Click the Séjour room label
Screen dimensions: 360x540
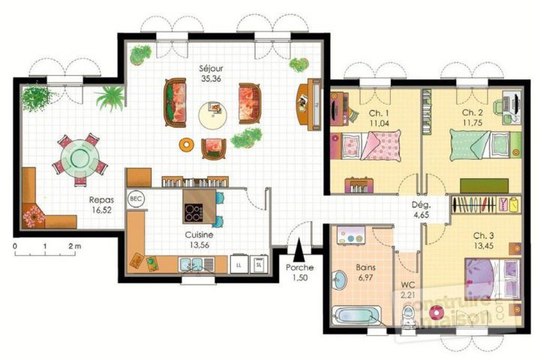tap(211, 67)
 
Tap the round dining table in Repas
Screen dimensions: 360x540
tap(79, 159)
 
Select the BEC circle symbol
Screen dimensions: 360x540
tap(136, 199)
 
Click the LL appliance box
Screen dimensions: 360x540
tap(238, 264)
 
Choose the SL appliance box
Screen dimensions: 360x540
tap(259, 264)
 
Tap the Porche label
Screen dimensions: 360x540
tap(299, 268)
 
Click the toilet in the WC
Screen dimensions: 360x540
tap(408, 321)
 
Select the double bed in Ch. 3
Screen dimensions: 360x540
tap(492, 277)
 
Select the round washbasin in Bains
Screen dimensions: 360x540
tap(339, 282)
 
